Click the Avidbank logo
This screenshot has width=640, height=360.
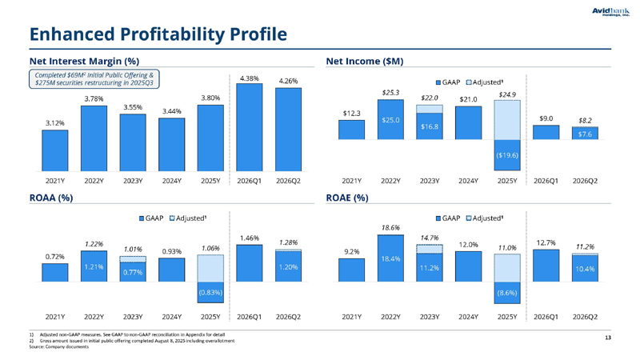[x=610, y=12]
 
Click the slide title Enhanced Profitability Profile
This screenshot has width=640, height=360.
[x=158, y=34]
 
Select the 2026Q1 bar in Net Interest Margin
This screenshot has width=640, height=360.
[x=249, y=127]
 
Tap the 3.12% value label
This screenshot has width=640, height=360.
[x=54, y=123]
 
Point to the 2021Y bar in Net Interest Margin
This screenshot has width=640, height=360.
[x=54, y=150]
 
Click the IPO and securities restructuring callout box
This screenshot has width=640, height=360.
[x=94, y=78]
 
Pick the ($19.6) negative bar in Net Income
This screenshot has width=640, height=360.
[x=507, y=155]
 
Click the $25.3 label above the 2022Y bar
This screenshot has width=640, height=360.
[x=390, y=93]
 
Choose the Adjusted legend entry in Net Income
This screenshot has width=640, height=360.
[x=485, y=82]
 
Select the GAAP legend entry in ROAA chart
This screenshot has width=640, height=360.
[x=151, y=218]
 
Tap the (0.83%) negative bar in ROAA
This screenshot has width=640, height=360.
[x=210, y=292]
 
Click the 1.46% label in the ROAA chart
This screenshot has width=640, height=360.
[x=249, y=238]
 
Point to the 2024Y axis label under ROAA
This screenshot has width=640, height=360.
[x=171, y=317]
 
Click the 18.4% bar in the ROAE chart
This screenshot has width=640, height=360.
[x=390, y=258]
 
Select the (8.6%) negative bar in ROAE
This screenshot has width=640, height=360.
[x=507, y=293]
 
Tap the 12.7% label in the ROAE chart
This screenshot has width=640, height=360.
[x=546, y=243]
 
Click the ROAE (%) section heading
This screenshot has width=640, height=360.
[x=347, y=198]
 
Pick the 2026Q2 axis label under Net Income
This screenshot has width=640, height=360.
[x=585, y=181]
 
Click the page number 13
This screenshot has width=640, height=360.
[x=608, y=338]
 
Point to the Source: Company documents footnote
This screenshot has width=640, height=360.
[x=58, y=347]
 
